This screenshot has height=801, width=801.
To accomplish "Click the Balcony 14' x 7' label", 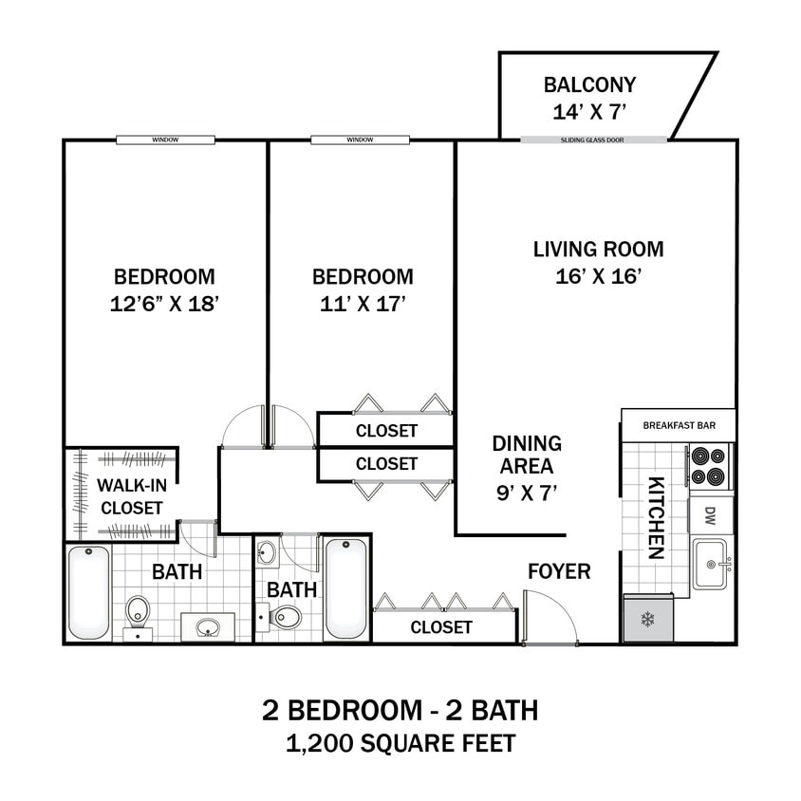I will [x=589, y=98].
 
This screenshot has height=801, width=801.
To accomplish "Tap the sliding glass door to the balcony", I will [x=593, y=140].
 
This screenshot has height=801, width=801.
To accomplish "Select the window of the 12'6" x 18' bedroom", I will [x=165, y=140].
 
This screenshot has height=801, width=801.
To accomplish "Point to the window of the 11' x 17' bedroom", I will [x=360, y=140].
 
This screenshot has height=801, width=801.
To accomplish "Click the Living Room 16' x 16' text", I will [x=598, y=263].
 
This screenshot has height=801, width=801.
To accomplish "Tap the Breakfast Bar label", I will [x=679, y=425].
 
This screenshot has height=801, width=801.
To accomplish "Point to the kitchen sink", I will [x=710, y=564].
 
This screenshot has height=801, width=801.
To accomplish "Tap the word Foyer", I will [x=559, y=571].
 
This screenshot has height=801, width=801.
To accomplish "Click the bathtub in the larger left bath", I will [x=88, y=592].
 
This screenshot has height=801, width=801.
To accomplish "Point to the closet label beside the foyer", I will [x=441, y=627].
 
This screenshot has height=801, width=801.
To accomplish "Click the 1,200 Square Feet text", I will [x=400, y=743].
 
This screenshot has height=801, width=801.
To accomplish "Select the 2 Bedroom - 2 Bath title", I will [x=400, y=710].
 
